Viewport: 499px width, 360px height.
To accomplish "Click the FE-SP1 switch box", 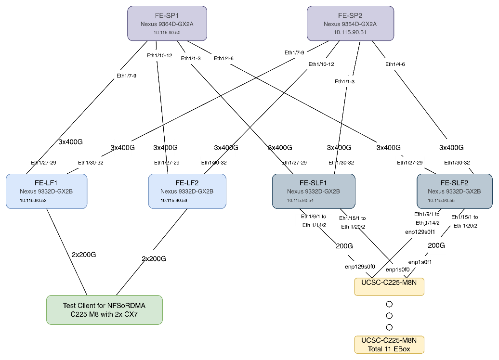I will (167, 23).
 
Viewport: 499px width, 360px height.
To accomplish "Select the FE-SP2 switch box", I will (350, 23).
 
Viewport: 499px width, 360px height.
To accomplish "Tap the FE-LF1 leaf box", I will (46, 191).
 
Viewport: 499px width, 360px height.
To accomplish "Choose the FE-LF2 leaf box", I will (187, 191).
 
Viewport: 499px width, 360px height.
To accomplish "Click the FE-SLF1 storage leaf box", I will (314, 191).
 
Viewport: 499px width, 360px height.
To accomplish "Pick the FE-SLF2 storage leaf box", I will (454, 191).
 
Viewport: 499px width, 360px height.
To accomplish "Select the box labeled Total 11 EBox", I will (389, 345).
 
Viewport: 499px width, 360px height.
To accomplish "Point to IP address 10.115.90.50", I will (167, 32).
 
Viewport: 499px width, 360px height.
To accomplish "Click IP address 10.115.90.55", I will (441, 200).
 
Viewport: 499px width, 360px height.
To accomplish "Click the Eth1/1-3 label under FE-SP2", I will (345, 81).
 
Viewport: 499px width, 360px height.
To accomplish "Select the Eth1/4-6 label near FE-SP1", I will (223, 58).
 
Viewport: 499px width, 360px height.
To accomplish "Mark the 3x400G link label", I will (388, 147).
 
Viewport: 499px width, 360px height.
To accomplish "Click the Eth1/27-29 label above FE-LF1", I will (43, 163).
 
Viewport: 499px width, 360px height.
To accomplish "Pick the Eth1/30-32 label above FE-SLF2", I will (457, 163).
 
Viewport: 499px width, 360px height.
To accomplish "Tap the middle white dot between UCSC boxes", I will (389, 316).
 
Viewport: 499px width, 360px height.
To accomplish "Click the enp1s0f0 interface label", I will (398, 269).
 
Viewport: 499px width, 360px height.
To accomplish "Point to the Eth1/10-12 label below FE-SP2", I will (322, 64).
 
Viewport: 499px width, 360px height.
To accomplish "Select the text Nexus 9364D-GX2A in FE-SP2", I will (350, 24).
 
